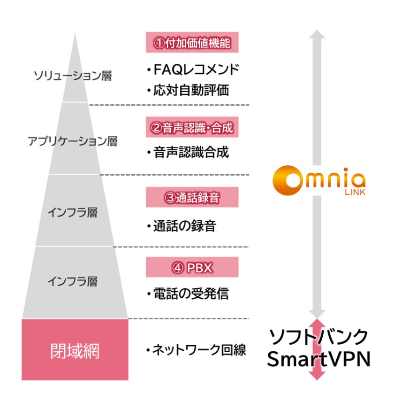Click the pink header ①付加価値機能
point(192,42)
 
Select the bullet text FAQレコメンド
point(193,70)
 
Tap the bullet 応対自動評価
point(188,90)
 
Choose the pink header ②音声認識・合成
point(192,127)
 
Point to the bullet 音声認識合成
point(188,152)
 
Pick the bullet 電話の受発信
point(188,294)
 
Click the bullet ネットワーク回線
point(196,350)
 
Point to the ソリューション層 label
point(73,76)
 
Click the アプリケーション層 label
point(72,141)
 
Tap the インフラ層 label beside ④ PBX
point(72,281)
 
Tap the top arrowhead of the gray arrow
point(318,34)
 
